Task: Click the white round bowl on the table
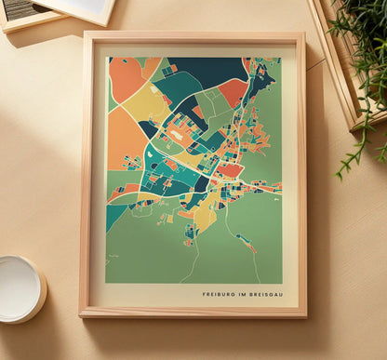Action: [20, 287]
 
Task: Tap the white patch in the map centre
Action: [176, 134]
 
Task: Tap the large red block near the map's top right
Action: [232, 91]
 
